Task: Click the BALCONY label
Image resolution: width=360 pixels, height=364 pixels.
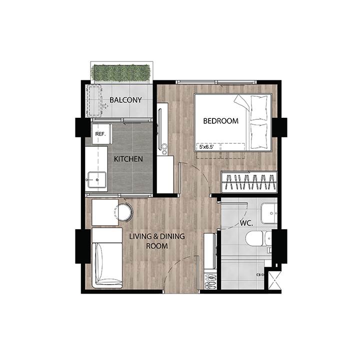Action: [x=125, y=100]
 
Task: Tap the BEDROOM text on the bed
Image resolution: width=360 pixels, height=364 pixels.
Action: [x=221, y=121]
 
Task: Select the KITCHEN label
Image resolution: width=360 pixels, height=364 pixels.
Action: [x=128, y=159]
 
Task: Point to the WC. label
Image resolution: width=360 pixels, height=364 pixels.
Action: [x=246, y=223]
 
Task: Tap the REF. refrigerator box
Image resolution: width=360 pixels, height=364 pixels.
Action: [x=100, y=134]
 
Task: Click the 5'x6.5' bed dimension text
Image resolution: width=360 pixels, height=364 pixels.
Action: [x=206, y=147]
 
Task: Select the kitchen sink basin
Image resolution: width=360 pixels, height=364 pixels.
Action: [x=97, y=179]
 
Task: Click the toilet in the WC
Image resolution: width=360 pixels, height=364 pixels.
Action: [x=258, y=238]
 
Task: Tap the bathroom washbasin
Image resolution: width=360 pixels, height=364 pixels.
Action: [x=269, y=213]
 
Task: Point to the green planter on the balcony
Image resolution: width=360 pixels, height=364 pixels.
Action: [x=121, y=73]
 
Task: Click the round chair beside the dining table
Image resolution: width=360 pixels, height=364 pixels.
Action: [x=124, y=212]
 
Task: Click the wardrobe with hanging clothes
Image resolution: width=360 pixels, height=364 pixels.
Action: [x=249, y=182]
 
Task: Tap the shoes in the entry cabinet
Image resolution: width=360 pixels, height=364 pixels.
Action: [x=210, y=281]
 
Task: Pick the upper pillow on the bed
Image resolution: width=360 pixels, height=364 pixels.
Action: [x=259, y=108]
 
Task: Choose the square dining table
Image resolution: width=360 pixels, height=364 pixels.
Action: [x=105, y=212]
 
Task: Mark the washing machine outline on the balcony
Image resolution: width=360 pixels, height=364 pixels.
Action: [x=94, y=101]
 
